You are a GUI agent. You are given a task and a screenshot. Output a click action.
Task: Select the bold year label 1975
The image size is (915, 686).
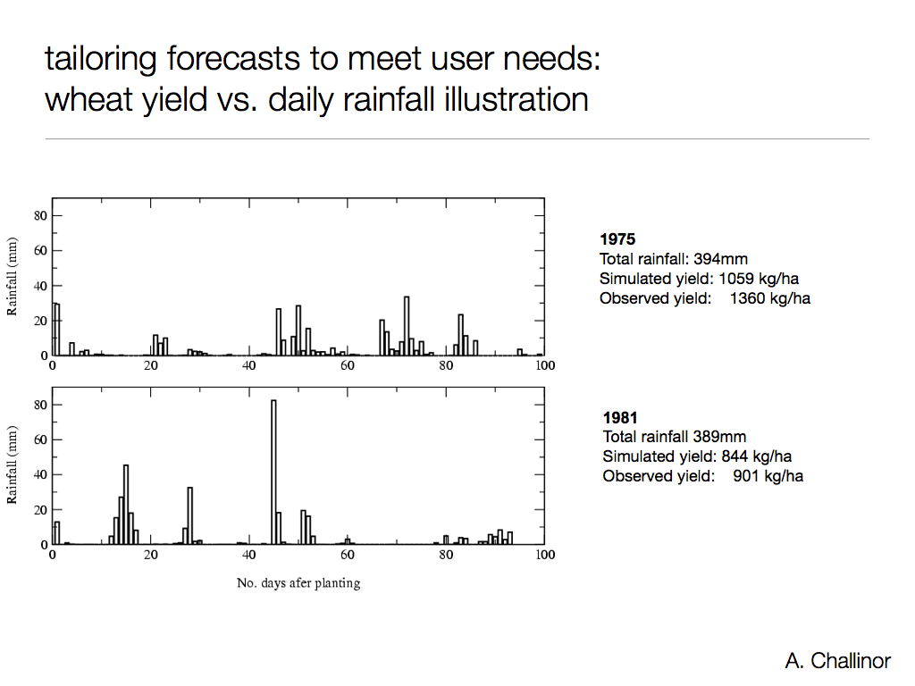coord(617,239)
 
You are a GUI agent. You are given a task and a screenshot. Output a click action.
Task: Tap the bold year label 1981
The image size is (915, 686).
coord(620,418)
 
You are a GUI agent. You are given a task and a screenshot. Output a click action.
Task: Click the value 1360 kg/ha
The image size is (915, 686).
coord(769,298)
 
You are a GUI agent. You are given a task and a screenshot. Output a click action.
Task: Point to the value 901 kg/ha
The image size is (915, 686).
coord(768,476)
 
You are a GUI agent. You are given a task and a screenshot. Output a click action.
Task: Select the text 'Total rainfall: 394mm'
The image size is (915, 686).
coord(674,259)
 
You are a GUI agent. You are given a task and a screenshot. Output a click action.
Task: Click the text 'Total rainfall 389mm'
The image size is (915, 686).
coord(675,437)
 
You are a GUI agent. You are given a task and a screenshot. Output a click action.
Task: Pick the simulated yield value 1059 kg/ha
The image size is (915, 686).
coord(759,279)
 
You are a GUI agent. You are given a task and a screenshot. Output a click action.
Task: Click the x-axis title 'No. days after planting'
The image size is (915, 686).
coord(298,583)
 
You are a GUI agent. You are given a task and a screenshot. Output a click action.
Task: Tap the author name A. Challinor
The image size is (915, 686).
coord(837,661)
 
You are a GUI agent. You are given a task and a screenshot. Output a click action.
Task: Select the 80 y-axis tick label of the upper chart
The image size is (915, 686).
coord(41,215)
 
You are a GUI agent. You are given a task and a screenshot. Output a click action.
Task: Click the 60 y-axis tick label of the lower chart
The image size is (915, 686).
coord(41,439)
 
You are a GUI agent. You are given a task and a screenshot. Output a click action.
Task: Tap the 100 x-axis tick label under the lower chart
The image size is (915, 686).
coord(544,555)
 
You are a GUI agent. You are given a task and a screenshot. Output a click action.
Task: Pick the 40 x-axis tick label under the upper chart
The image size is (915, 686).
coord(249,365)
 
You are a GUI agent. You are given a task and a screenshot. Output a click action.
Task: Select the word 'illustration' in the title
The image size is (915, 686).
coord(516,99)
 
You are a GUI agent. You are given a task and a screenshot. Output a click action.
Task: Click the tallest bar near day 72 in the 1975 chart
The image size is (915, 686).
coord(407,326)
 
